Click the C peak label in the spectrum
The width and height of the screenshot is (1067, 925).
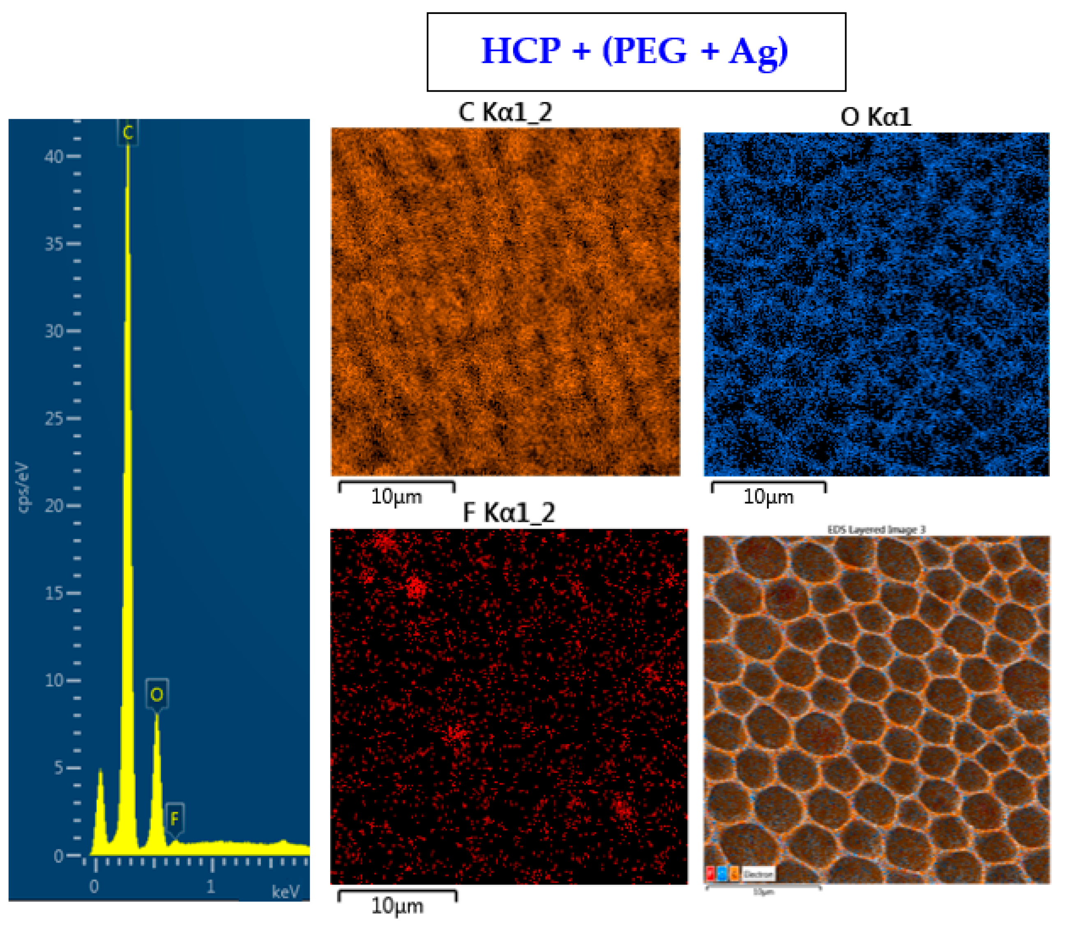[127, 133]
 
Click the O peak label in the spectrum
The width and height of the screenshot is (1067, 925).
[157, 694]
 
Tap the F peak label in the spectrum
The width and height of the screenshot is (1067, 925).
[174, 819]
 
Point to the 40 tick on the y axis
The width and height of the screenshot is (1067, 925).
[54, 156]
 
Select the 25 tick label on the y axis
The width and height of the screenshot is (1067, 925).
[54, 419]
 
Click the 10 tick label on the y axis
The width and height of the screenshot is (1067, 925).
[54, 680]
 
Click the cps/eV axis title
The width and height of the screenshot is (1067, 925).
[24, 487]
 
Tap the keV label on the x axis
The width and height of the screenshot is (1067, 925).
[285, 891]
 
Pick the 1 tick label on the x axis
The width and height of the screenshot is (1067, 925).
[210, 887]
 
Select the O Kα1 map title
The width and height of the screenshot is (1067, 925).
[876, 117]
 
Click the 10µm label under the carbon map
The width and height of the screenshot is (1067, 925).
[396, 497]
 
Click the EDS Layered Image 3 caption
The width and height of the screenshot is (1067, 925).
[876, 530]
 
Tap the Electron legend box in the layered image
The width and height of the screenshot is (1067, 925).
[758, 874]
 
